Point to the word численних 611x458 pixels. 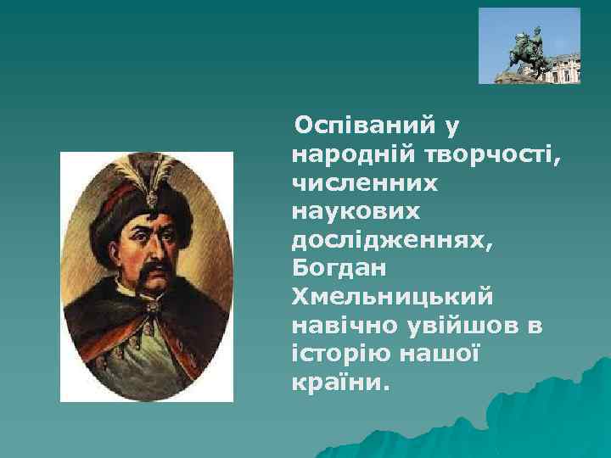click(365, 182)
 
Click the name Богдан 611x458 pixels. click(338, 268)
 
